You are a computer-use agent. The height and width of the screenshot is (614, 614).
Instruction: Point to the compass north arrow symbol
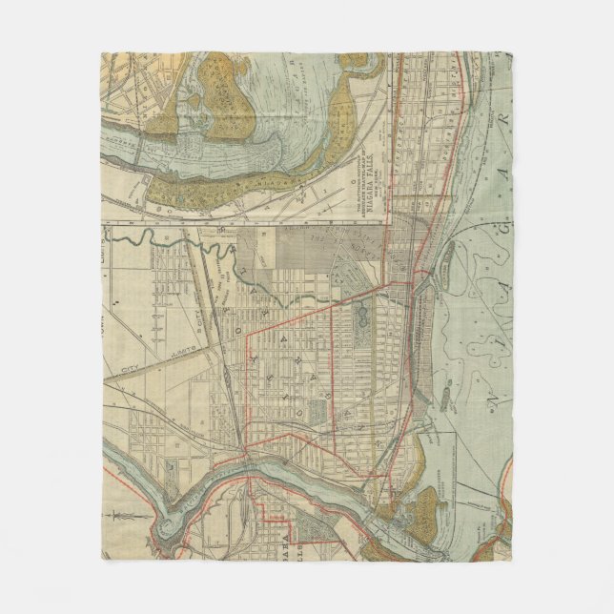point(120,522)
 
